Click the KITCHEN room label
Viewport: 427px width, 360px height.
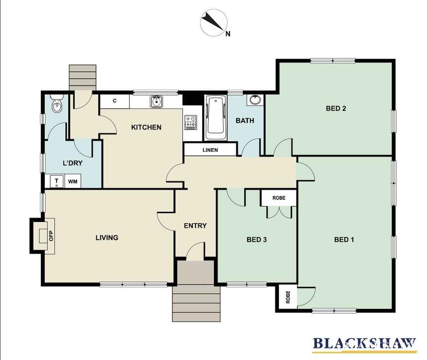click(146, 127)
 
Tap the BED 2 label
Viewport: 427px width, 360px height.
click(336, 108)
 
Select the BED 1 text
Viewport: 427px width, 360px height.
click(344, 240)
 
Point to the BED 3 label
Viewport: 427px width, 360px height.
click(257, 240)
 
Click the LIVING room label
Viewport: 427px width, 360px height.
click(107, 238)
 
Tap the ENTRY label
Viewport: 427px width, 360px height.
click(195, 225)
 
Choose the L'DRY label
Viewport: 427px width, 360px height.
click(73, 163)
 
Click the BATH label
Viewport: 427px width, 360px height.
click(245, 120)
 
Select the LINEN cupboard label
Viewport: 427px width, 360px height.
click(210, 150)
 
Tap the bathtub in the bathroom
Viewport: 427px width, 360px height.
click(216, 118)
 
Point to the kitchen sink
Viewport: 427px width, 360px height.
click(156, 102)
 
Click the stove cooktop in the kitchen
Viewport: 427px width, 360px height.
click(191, 122)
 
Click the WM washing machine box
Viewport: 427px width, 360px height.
click(73, 181)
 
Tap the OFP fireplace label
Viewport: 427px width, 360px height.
click(51, 236)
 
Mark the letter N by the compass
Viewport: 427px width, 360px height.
click(228, 34)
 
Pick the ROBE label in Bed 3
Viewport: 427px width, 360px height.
click(279, 198)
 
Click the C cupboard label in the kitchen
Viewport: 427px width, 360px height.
click(115, 101)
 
